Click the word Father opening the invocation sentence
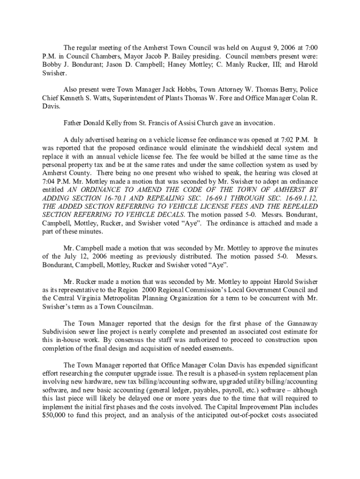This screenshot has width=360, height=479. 74,123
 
